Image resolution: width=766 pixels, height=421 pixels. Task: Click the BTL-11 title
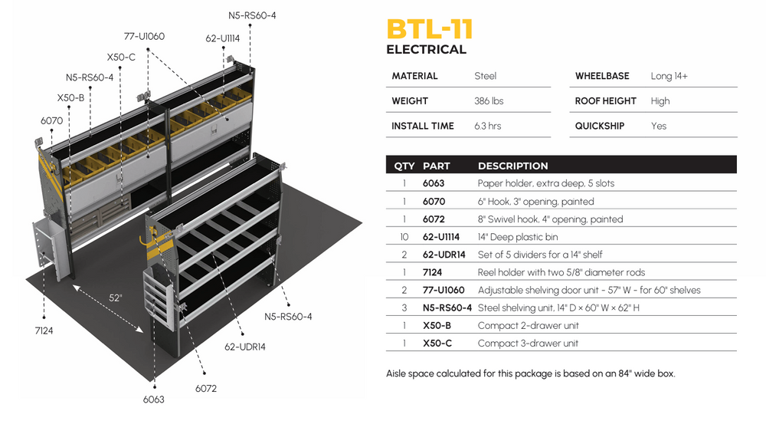pos(429,28)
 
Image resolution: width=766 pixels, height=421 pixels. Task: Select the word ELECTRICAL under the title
pos(426,50)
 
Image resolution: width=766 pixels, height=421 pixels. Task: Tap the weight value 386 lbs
pos(489,101)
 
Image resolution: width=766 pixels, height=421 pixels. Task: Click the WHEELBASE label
pos(601,76)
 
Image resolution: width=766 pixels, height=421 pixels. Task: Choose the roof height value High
pos(660,101)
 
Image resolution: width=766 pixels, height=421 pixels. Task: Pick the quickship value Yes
pos(659,126)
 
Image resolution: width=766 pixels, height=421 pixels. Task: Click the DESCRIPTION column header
pos(512,166)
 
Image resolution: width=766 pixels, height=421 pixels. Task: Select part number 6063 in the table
pos(434,184)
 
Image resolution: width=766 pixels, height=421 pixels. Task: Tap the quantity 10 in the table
pos(404,237)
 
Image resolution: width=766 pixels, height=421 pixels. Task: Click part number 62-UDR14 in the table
pos(444,255)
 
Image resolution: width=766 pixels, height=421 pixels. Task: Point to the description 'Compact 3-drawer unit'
pos(528,344)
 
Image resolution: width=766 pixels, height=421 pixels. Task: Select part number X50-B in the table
pos(437,326)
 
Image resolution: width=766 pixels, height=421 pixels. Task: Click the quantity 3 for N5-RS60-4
pos(404,308)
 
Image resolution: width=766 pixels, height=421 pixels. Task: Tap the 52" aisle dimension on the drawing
pos(116,298)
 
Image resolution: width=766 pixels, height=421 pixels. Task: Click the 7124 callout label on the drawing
pos(43,331)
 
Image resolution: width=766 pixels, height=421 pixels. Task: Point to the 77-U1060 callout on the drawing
pos(144,36)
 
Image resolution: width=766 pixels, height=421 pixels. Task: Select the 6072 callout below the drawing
pos(206,389)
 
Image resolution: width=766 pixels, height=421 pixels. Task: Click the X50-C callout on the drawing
pos(121,57)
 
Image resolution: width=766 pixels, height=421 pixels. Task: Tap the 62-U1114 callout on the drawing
pos(223,38)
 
